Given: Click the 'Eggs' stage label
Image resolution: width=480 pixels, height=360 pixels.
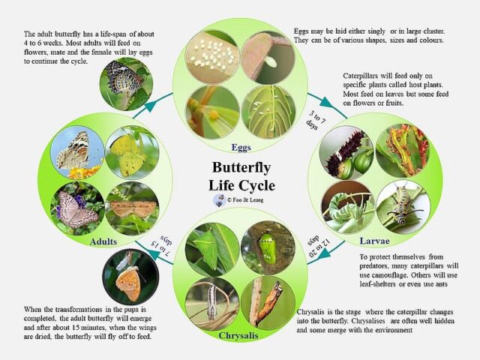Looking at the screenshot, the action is pyautogui.click(x=241, y=148).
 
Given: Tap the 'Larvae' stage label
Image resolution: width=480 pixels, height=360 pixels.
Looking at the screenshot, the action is pyautogui.click(x=375, y=241).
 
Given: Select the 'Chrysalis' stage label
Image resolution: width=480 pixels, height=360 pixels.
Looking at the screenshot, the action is pyautogui.click(x=238, y=335).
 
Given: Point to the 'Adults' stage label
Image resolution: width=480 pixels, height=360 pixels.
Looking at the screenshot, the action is pyautogui.click(x=103, y=241).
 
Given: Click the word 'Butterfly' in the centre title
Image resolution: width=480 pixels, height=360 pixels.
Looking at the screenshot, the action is pyautogui.click(x=241, y=167).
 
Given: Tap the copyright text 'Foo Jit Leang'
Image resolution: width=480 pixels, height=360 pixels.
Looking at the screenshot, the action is pyautogui.click(x=248, y=200).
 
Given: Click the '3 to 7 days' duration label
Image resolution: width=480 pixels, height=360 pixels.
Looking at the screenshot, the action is pyautogui.click(x=315, y=120).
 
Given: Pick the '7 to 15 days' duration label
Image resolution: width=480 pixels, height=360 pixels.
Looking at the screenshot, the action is pyautogui.click(x=162, y=247).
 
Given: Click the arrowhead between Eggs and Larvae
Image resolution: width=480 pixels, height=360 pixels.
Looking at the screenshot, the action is pyautogui.click(x=326, y=102).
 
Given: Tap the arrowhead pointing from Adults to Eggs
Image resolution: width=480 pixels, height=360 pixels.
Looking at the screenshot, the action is pyautogui.click(x=151, y=105).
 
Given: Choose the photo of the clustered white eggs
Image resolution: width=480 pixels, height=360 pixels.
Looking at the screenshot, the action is pyautogui.click(x=212, y=57).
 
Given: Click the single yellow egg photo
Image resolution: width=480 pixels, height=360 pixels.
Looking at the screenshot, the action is pyautogui.click(x=212, y=112).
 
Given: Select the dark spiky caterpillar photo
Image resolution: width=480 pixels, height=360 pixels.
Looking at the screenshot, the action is pyautogui.click(x=346, y=153).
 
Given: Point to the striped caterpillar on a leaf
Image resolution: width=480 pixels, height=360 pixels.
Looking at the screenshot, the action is pyautogui.click(x=403, y=207).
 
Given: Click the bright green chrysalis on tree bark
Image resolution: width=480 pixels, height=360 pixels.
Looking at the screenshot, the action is pyautogui.click(x=268, y=248).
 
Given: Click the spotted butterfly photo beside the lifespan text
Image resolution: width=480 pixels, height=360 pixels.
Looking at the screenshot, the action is pyautogui.click(x=126, y=84).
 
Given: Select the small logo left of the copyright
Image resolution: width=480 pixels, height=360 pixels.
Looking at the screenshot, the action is pyautogui.click(x=219, y=200).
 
